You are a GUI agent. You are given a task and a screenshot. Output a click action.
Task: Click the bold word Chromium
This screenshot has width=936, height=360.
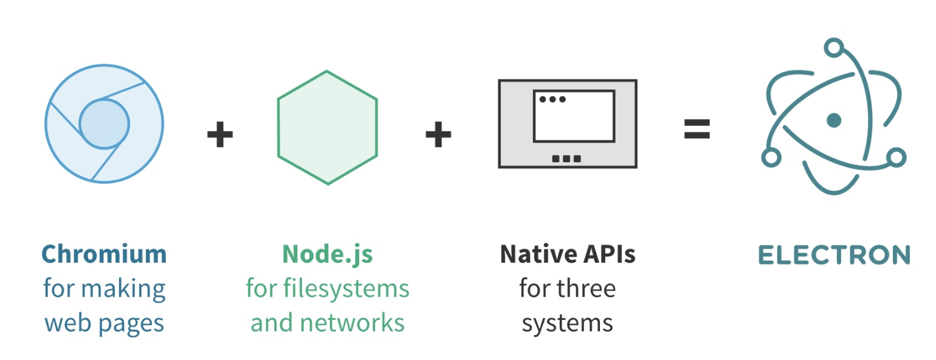pyautogui.click(x=104, y=254)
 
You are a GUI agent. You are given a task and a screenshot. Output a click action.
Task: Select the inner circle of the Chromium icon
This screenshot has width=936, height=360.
pyautogui.click(x=104, y=124)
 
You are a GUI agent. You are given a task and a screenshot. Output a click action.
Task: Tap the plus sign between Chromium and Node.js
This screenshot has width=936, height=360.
pyautogui.click(x=219, y=134)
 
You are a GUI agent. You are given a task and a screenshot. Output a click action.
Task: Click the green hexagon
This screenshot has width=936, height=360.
pyautogui.click(x=327, y=128)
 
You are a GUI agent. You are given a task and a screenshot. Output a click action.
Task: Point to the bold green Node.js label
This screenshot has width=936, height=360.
pyautogui.click(x=327, y=254)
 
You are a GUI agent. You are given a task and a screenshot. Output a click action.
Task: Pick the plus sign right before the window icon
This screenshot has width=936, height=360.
pyautogui.click(x=438, y=134)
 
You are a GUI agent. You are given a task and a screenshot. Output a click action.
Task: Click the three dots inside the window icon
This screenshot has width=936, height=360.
pyautogui.click(x=552, y=99)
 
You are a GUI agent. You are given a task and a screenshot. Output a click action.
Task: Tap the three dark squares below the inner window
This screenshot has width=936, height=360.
pyautogui.click(x=566, y=159)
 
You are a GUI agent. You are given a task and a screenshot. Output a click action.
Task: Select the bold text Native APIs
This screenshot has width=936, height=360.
pyautogui.click(x=568, y=254)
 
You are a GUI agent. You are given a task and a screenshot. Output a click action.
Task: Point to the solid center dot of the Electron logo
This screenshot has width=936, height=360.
pyautogui.click(x=834, y=120)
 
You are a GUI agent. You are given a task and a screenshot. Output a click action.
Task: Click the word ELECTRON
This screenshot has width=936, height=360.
pyautogui.click(x=834, y=255)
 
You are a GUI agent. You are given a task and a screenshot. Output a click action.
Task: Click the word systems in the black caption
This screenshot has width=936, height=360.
pyautogui.click(x=568, y=323)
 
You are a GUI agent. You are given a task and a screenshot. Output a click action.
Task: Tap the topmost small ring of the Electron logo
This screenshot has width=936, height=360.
pyautogui.click(x=834, y=47)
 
